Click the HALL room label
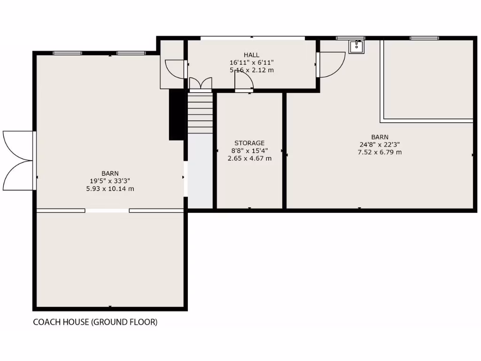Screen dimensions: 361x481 [251, 55]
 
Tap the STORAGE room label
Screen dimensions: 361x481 [249, 143]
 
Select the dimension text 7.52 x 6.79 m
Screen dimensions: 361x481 [380, 152]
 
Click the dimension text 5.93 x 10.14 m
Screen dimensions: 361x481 [110, 188]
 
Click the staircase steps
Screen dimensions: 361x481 [201, 113]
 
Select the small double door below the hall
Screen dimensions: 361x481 [201, 84]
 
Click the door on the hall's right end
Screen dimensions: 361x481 [332, 63]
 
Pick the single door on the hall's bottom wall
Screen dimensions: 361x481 [244, 83]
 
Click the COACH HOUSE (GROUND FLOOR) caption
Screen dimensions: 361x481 [95, 322]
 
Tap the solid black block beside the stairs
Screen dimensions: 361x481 [176, 114]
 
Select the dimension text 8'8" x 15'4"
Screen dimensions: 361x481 [249, 151]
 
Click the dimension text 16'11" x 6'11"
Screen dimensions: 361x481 [251, 63]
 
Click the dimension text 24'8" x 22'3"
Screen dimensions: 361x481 [380, 145]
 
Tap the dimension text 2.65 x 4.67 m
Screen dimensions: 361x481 [249, 158]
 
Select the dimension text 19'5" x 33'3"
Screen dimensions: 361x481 [110, 180]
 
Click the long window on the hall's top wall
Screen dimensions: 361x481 [252, 38]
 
